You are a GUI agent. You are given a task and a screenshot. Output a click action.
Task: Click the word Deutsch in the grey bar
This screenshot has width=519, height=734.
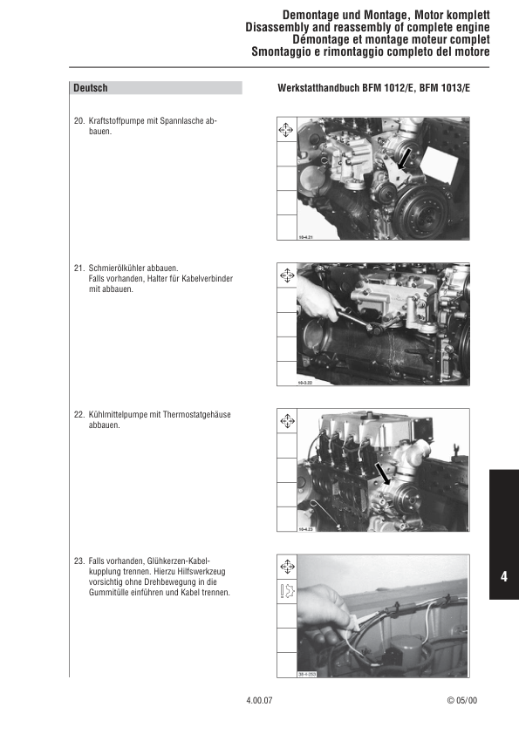(91, 88)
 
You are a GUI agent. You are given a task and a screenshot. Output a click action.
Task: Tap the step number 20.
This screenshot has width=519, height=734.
(79, 121)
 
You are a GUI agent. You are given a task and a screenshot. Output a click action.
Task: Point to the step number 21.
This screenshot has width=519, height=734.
(79, 268)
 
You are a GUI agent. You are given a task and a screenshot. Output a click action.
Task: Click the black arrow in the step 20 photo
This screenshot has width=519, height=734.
(403, 158)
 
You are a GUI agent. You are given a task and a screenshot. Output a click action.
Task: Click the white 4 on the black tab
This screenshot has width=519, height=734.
(504, 577)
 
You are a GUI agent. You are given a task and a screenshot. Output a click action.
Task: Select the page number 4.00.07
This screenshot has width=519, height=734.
(259, 700)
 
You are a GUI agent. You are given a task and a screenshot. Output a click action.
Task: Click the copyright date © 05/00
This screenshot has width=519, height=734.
(461, 700)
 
